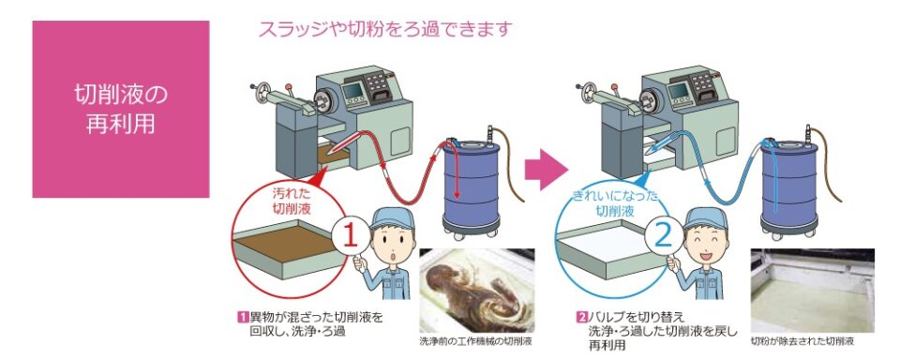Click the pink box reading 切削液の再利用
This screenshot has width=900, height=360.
coord(121,109)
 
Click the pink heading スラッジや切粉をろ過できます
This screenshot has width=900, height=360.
coord(384,29)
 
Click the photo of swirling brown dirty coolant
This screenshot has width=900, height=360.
coord(477,291)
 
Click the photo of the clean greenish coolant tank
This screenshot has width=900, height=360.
coord(812,291)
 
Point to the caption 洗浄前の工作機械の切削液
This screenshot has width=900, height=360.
coord(476,341)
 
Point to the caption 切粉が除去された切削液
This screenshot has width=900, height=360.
coord(802,341)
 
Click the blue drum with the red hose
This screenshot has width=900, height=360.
coord(472,185)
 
